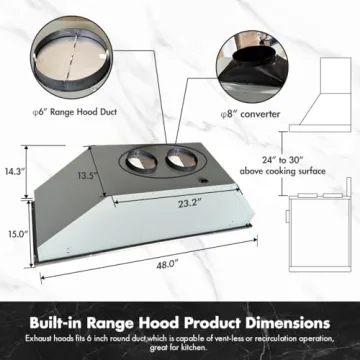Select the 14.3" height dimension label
coord(15,172)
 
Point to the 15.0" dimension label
coord(17,234)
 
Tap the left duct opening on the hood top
coord(141,161)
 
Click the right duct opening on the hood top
coord(182,159)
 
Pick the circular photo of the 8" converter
coord(252,66)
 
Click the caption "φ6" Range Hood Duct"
coord(74,112)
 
